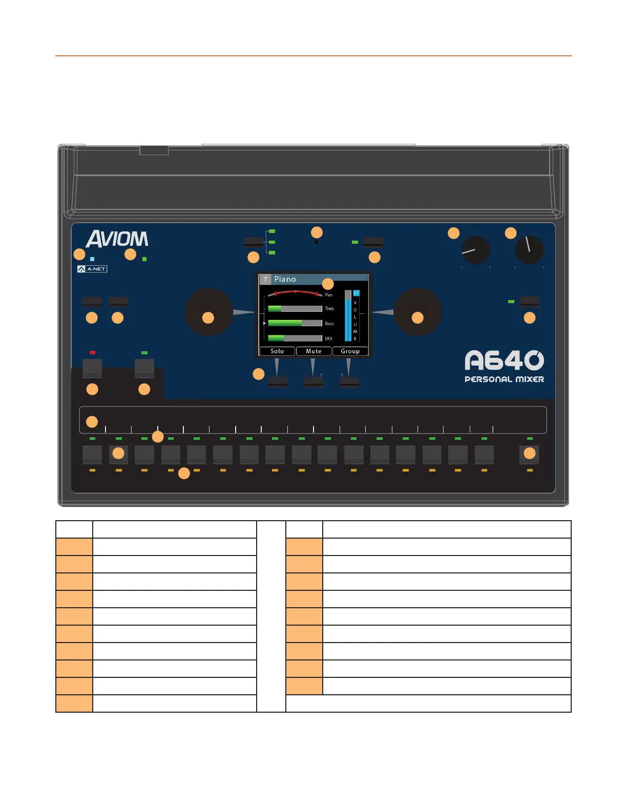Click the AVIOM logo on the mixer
(x=117, y=239)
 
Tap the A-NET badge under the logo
(x=92, y=269)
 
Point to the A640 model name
(x=504, y=360)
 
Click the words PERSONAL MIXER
(x=504, y=379)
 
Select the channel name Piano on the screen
(x=285, y=279)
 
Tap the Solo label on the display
(x=277, y=351)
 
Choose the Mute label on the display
(x=313, y=351)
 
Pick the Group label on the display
(x=350, y=351)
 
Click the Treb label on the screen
(x=329, y=309)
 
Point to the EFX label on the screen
(x=329, y=338)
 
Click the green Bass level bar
(x=285, y=324)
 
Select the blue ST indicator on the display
(x=356, y=293)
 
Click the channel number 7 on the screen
(x=265, y=279)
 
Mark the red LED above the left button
(x=92, y=352)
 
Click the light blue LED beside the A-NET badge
(x=92, y=259)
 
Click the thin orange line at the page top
(x=313, y=56)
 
